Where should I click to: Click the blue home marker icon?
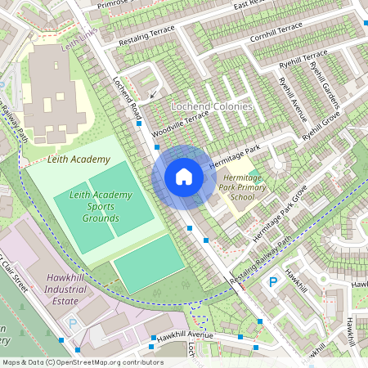coord(184,177)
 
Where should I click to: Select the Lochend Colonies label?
coord(211,107)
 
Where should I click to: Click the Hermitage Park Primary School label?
coord(243,186)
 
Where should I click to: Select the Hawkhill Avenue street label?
coord(185,335)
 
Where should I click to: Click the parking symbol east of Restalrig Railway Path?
coord(273,282)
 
